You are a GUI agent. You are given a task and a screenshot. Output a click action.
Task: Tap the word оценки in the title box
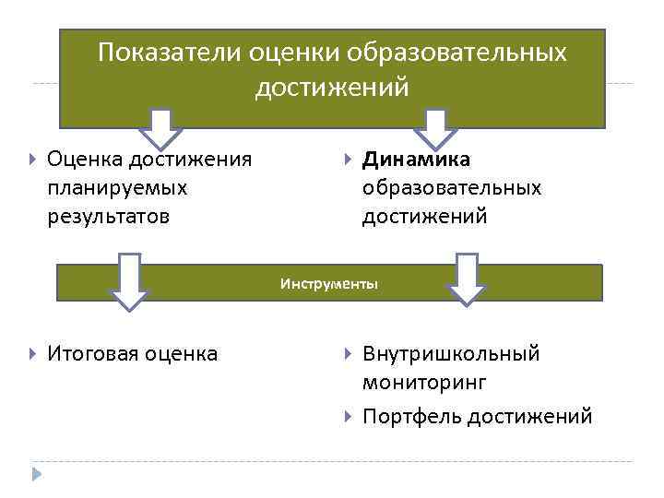[293, 53]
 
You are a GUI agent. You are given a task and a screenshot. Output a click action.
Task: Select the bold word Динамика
[416, 160]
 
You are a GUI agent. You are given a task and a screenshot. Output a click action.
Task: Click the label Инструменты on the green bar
[329, 284]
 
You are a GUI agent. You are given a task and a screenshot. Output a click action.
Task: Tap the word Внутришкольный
[451, 353]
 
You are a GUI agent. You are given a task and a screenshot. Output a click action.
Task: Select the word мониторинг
[424, 382]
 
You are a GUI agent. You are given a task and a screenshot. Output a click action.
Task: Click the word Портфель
[411, 416]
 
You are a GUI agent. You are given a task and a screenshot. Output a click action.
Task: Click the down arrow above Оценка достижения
[161, 128]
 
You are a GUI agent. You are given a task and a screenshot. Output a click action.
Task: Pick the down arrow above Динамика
[436, 128]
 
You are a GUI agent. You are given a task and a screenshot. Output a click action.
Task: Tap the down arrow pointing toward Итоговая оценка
[130, 280]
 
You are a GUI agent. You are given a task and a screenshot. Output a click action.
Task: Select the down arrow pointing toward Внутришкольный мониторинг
[468, 279]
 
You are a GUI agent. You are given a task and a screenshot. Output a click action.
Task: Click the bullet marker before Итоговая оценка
[33, 354]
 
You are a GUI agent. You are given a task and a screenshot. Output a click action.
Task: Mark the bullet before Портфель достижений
[348, 417]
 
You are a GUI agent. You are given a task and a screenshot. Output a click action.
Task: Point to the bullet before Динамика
[348, 160]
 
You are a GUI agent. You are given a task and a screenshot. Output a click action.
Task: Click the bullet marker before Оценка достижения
[33, 160]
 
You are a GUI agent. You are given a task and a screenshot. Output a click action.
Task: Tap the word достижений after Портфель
[529, 416]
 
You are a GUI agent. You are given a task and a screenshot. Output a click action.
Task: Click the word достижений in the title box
[331, 88]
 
